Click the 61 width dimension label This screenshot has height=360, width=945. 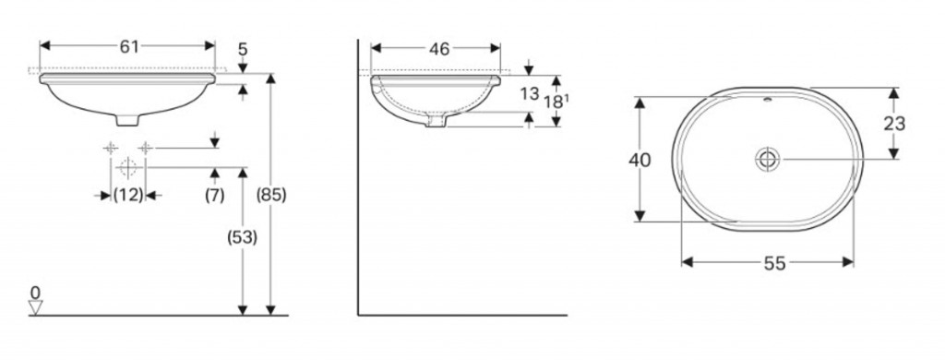coord(129,46)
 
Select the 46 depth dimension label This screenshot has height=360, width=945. coord(439,49)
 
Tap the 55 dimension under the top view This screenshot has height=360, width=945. coord(774,263)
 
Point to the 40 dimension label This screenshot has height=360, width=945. coord(640,161)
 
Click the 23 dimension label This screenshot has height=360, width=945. coord(894,124)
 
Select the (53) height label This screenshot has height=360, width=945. coord(242,238)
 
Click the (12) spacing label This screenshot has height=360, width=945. coord(128,196)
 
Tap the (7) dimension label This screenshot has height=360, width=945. coord(214,196)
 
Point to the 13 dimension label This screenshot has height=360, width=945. coord(529,94)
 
